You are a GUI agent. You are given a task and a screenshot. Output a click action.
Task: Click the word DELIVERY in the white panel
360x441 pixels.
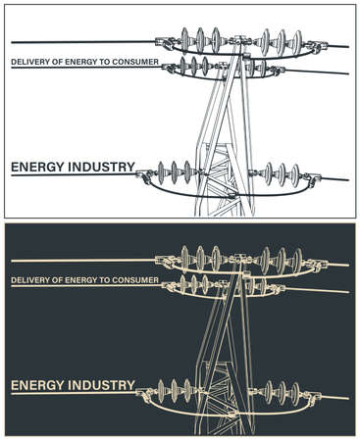pyautogui.click(x=29, y=63)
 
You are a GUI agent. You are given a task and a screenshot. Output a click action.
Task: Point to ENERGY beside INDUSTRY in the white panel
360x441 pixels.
pyautogui.click(x=37, y=168)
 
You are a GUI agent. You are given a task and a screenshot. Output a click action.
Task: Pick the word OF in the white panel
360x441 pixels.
pyautogui.click(x=57, y=63)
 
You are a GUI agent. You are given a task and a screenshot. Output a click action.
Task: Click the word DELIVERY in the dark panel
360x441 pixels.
pyautogui.click(x=29, y=281)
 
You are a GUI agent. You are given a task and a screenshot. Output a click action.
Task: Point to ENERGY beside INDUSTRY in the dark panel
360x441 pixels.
pyautogui.click(x=37, y=386)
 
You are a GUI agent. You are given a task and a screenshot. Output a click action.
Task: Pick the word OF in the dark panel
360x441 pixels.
pyautogui.click(x=57, y=281)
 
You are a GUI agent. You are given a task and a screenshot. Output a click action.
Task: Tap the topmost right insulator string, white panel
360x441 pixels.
pyautogui.click(x=280, y=42)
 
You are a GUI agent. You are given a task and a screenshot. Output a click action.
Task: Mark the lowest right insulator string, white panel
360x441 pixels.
pyautogui.click(x=279, y=175)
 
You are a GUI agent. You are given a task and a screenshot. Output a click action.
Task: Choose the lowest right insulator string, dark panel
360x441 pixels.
pyautogui.click(x=279, y=394)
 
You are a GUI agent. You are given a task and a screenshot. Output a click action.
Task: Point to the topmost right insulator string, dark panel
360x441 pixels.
pyautogui.click(x=280, y=261)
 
